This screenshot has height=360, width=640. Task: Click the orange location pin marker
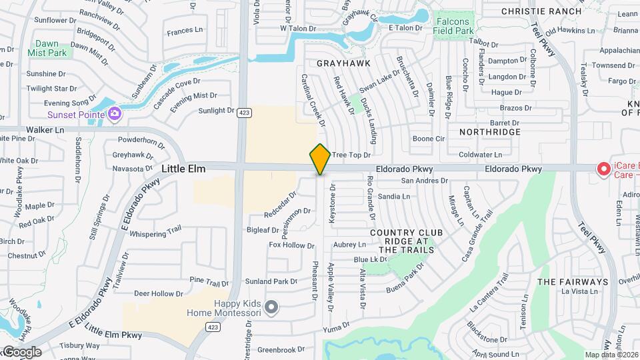coord(321,159)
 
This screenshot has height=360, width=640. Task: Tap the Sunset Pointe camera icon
coord(115,114)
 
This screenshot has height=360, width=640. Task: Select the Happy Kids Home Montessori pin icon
coord(271,307)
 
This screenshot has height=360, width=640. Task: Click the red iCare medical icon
coord(604,169)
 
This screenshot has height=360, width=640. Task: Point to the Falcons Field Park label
coord(455,26)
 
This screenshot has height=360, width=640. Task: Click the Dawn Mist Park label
coord(47,48)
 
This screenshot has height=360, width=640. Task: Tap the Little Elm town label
coord(183,169)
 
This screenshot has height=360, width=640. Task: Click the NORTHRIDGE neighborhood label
coord(489,132)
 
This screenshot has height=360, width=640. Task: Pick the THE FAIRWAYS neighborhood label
coord(573,282)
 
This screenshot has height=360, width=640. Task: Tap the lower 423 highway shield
coord(213,327)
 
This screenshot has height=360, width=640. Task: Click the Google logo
coord(21,351)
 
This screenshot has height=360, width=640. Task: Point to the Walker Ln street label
coord(45,130)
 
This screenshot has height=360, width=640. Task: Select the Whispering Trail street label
coord(155,232)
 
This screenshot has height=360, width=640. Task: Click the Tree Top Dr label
coord(351,155)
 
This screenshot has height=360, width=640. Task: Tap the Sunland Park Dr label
coord(271,281)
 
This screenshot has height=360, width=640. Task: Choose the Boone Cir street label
coord(428,139)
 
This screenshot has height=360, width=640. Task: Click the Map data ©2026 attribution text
coord(611,355)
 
